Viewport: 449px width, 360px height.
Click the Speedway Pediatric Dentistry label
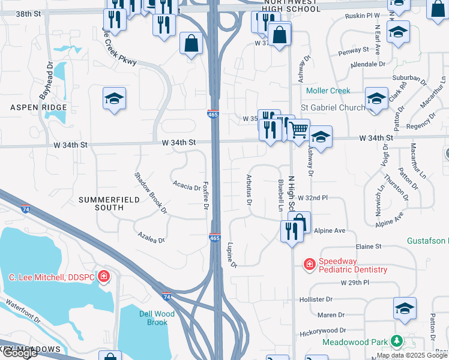pyautogui.click(x=352, y=265)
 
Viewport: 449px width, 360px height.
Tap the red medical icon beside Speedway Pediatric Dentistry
pyautogui.click(x=309, y=263)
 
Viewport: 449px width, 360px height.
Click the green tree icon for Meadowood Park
pyautogui.click(x=396, y=341)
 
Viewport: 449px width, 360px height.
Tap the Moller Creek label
pyautogui.click(x=328, y=91)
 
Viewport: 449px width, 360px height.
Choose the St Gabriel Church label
pyautogui.click(x=333, y=107)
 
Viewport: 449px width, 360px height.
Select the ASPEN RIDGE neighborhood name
pyautogui.click(x=30, y=107)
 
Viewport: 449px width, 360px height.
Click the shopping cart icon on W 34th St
pyautogui.click(x=298, y=129)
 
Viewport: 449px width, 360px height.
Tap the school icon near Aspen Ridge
pyautogui.click(x=114, y=98)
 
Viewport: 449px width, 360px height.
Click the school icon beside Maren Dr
pyautogui.click(x=405, y=308)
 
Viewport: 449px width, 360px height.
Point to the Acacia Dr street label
pyautogui.click(x=186, y=186)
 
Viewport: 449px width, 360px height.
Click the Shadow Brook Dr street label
pyautogui.click(x=150, y=193)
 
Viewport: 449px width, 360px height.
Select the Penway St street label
pyautogui.click(x=354, y=50)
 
